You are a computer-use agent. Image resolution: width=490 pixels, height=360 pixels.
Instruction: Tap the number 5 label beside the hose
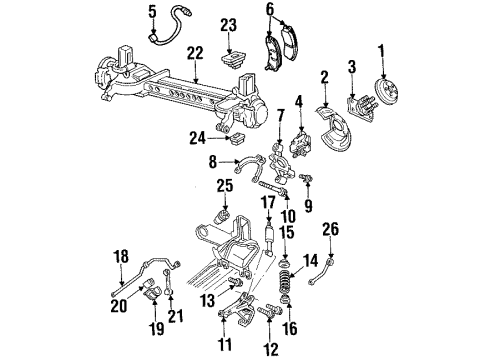[152, 12]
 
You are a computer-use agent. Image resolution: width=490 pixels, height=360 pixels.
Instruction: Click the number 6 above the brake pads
[269, 11]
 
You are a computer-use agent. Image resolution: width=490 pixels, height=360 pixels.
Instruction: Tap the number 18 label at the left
[121, 257]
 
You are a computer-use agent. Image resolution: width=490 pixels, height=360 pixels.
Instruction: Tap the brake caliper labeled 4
[301, 139]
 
